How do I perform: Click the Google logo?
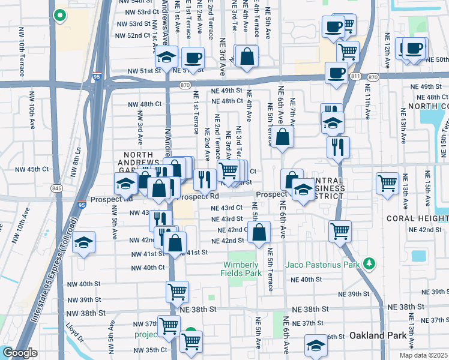[x=20, y=353]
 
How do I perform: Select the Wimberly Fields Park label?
[x=243, y=269]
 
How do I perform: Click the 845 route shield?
[x=56, y=188]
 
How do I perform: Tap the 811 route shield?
[x=357, y=77]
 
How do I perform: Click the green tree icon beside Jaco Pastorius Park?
[x=370, y=263]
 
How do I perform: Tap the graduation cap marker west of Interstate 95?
[x=85, y=242]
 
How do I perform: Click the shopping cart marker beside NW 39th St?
[x=177, y=292]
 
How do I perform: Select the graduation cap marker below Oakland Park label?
[x=316, y=346]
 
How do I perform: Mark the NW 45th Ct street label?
[x=33, y=169]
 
